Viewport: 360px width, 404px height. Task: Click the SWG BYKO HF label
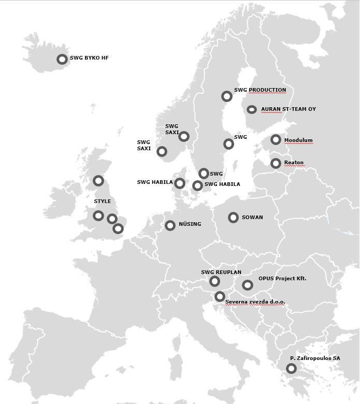89,59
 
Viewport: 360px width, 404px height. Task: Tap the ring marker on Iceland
62,59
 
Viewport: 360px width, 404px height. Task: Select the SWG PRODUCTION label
260,90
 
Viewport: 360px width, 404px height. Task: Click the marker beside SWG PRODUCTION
226,96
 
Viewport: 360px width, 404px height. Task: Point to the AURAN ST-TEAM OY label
289,109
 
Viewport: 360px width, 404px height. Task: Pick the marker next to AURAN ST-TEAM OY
252,110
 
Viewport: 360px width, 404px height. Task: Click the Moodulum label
298,140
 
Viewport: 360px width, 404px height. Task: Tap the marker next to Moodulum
276,140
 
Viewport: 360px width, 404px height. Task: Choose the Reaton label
294,163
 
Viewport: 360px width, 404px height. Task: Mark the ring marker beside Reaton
276,164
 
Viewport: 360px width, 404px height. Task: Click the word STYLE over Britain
102,201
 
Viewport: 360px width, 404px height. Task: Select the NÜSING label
190,224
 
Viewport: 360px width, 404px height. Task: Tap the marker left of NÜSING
170,225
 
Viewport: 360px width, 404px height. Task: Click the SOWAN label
252,218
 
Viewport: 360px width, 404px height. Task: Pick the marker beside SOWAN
233,218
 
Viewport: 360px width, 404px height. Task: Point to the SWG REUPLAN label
221,272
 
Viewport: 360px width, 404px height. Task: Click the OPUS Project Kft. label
282,279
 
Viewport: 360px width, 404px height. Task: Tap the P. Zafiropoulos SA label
315,358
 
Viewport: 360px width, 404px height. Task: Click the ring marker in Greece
291,369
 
